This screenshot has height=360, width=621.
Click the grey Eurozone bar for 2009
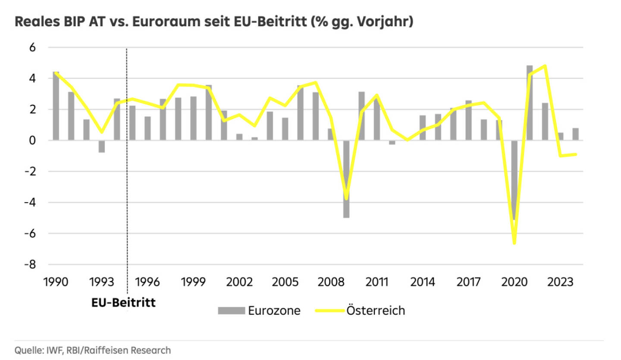346,179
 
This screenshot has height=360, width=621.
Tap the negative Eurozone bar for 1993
101,147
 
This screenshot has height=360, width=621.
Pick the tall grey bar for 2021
530,103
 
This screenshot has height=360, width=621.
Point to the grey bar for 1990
56,106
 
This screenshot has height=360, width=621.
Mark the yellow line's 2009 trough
346,199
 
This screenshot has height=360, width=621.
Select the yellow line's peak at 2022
545,66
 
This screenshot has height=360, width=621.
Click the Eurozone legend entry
259,310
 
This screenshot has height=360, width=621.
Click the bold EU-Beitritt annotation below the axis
123,302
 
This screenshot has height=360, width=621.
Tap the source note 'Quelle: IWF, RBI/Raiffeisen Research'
93,350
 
